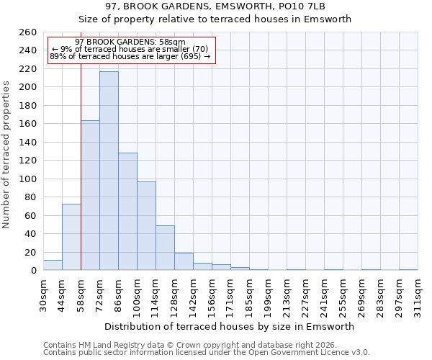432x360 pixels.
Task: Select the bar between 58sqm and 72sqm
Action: pyautogui.click(x=90, y=195)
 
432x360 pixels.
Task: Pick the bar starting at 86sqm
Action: pyautogui.click(x=127, y=212)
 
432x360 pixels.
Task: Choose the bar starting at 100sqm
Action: pyautogui.click(x=146, y=226)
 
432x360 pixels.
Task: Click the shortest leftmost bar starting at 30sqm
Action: pyautogui.click(x=53, y=266)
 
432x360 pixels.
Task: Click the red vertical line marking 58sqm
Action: pyautogui.click(x=81, y=166)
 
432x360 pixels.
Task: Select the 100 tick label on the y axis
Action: pyautogui.click(x=27, y=179)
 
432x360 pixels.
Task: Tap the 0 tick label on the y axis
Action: pyautogui.click(x=33, y=271)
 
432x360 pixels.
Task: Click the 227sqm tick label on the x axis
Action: pyautogui.click(x=305, y=293)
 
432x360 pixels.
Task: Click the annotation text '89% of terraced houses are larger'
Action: pyautogui.click(x=130, y=56)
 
